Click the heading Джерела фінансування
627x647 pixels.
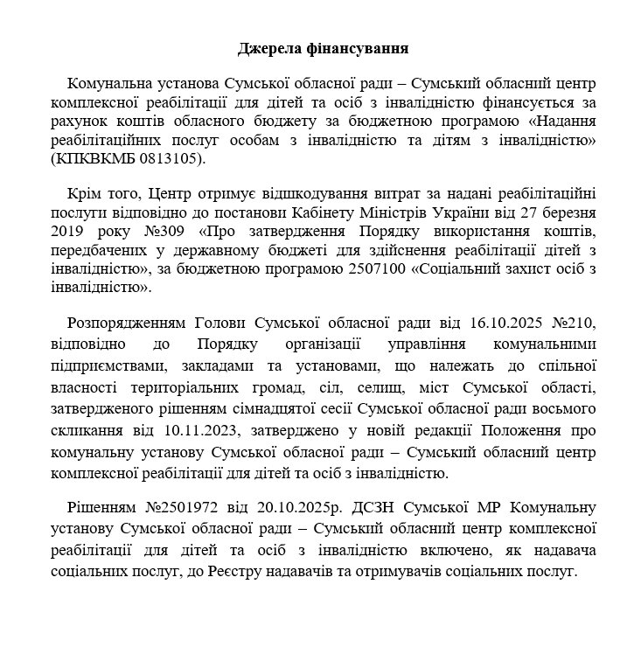click(324, 48)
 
